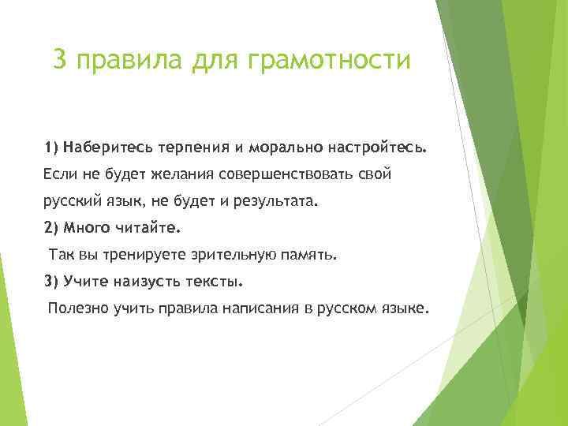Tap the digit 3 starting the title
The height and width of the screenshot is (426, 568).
59,59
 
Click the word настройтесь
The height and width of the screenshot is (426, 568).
378,148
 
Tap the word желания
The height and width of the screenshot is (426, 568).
174,174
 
